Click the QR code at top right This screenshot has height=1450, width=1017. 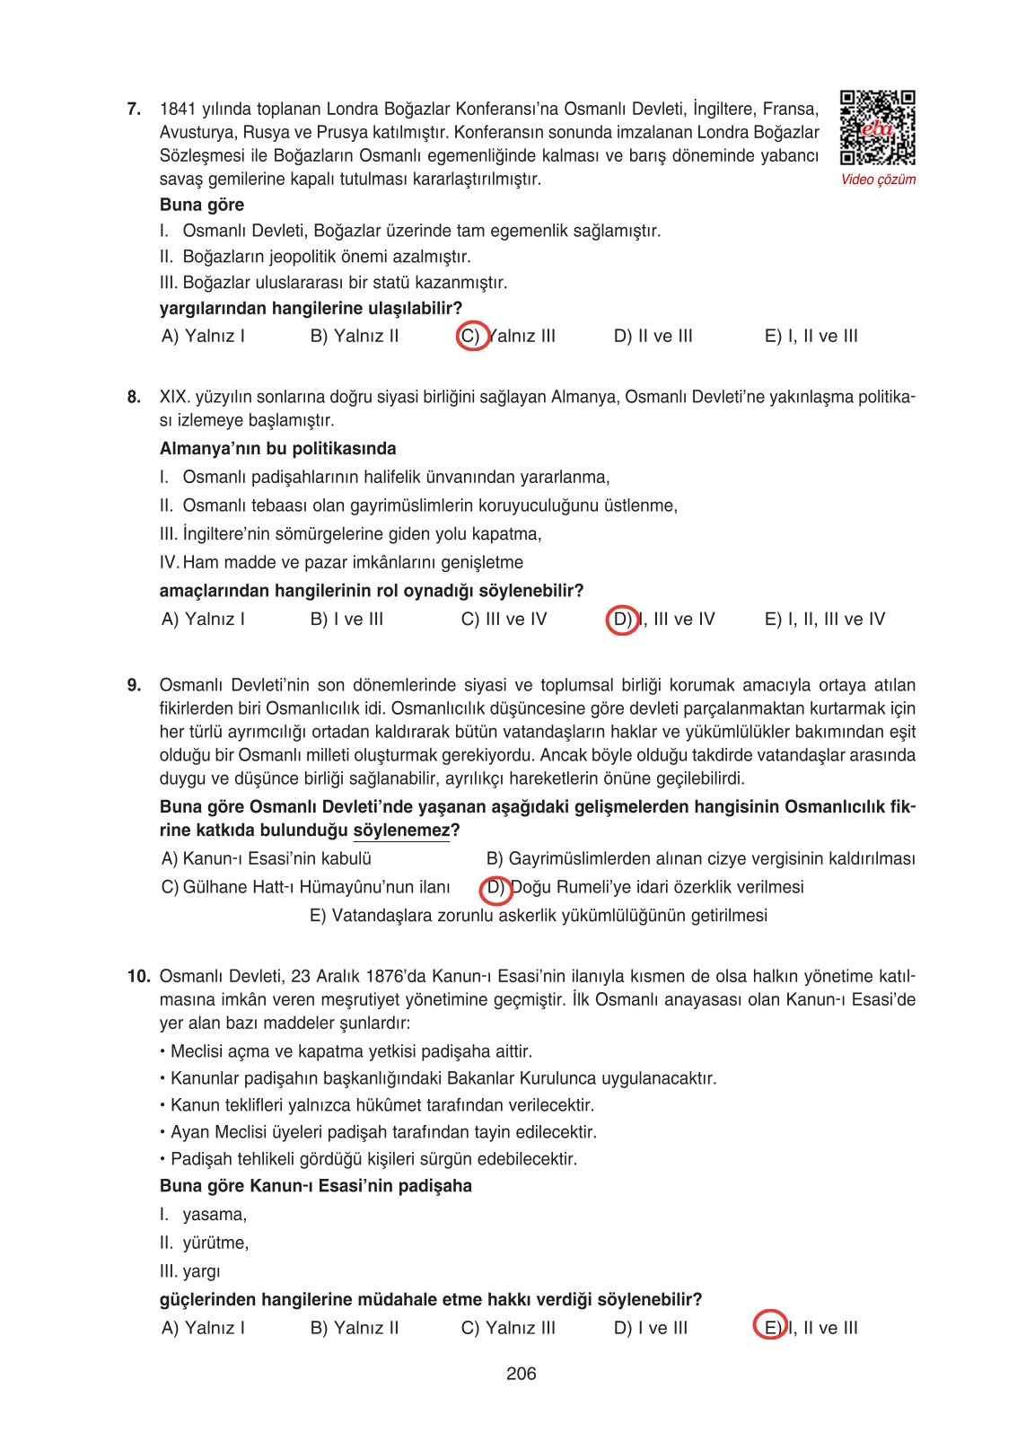point(877,127)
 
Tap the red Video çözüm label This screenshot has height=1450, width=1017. point(878,180)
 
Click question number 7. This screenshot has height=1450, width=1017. point(134,110)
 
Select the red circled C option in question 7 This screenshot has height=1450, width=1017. point(472,336)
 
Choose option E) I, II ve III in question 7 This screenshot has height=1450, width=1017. point(811,336)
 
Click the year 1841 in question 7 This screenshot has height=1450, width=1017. point(177,110)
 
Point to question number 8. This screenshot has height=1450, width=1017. point(134,397)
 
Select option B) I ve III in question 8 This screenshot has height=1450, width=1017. point(346,620)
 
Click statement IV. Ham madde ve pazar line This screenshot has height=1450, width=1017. point(341,563)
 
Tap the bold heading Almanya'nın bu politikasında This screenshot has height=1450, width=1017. point(277,449)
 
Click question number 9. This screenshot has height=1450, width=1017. point(134,686)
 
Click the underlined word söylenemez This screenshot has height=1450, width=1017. point(401,830)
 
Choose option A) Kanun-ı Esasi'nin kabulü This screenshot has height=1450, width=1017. point(266,859)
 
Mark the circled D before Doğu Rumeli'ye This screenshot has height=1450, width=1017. point(496,888)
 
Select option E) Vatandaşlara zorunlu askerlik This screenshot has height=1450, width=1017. point(538,916)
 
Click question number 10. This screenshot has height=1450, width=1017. point(138,977)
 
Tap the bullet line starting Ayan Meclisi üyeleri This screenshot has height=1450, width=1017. point(378,1132)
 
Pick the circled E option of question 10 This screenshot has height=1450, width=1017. point(770,1328)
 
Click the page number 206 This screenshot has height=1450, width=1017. point(521,1374)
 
